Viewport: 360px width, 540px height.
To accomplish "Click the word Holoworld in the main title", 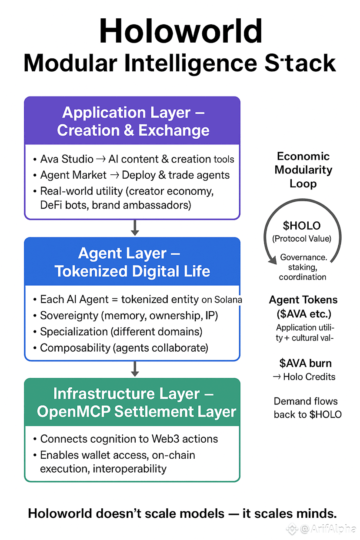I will pos(180,31).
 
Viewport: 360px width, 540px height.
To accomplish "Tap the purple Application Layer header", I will pos(132,121).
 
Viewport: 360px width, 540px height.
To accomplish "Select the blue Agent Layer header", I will pos(132,262).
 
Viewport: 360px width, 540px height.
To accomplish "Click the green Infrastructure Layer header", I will pos(132,402).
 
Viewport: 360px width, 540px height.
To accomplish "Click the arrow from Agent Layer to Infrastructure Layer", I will pos(135,368).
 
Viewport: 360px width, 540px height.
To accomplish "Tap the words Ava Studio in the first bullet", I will pos(67,159).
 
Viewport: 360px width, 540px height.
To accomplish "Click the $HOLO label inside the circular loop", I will pos(302,226).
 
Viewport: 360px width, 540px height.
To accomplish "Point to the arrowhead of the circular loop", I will pos(273,260).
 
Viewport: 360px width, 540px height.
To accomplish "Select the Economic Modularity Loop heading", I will pos(303,170).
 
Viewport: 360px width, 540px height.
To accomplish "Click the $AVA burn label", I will pos(305,363).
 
